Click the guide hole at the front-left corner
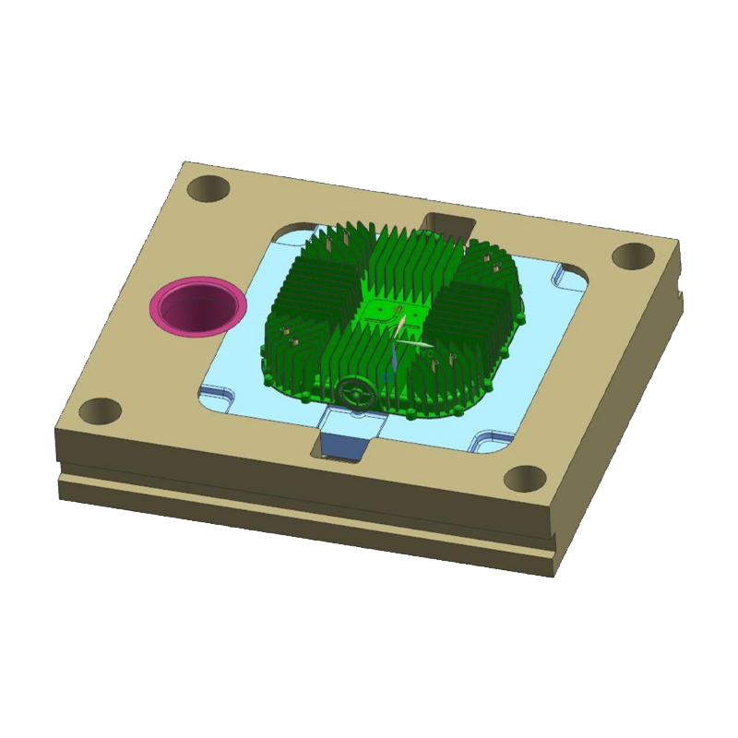pyautogui.click(x=103, y=409)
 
